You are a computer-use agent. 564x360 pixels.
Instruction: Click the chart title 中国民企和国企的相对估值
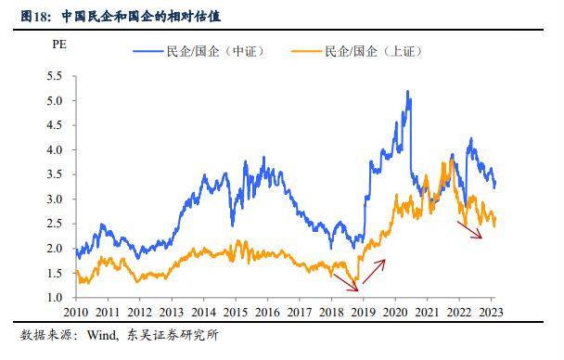141,17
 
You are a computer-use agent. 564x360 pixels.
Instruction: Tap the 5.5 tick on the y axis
56,76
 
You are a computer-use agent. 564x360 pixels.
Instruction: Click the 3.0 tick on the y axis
56,199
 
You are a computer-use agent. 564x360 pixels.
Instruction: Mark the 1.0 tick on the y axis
56,298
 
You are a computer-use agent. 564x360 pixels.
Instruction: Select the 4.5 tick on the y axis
56,125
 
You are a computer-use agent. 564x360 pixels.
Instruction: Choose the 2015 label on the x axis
236,313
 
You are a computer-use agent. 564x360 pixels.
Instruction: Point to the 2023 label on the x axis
492,313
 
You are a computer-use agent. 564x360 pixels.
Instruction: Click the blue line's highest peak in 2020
408,92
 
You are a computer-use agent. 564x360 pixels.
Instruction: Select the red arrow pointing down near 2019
345,282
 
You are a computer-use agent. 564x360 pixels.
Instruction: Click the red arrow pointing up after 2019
374,270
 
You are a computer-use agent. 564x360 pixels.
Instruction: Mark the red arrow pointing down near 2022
469,230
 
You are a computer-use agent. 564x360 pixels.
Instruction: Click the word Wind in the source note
101,336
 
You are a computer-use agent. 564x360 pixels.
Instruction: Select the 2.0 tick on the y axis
56,249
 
